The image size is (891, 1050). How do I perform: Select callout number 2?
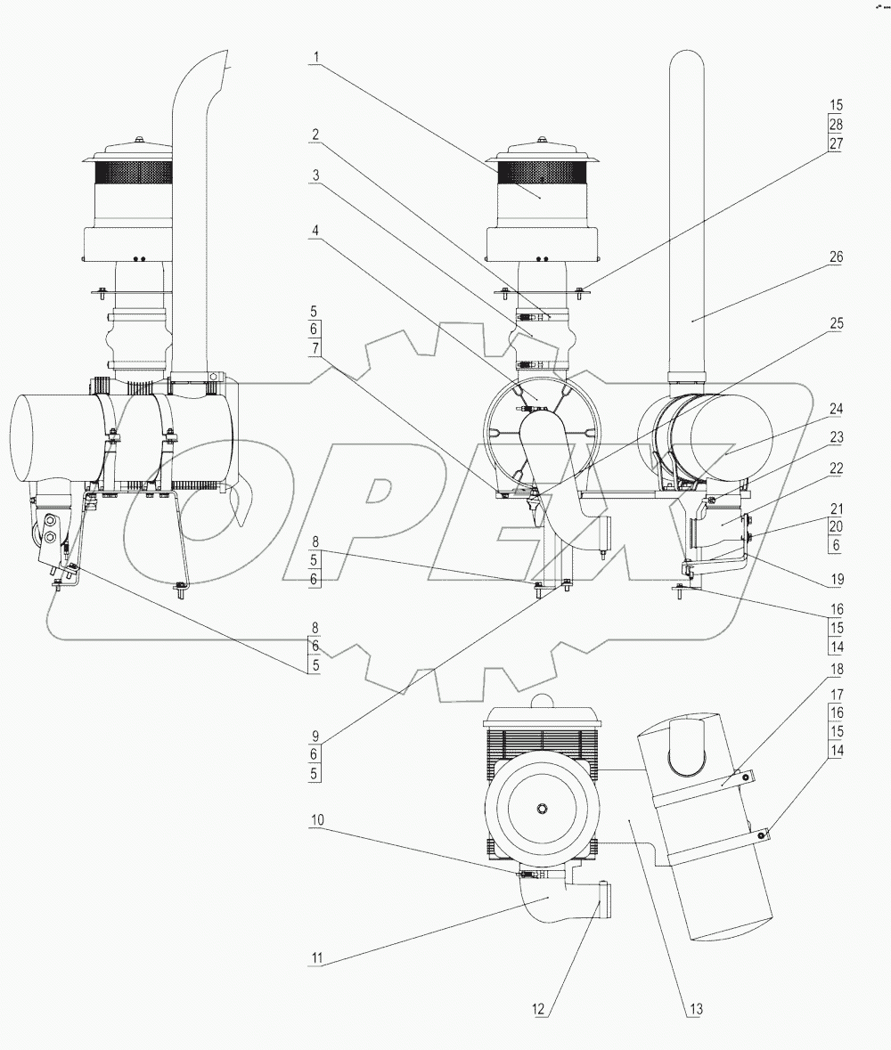(315, 135)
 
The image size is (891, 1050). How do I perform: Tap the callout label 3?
(315, 175)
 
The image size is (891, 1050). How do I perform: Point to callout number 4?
(315, 229)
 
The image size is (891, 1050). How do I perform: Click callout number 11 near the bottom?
(315, 960)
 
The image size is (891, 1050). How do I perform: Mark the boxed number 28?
(835, 124)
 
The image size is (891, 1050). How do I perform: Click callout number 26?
(835, 256)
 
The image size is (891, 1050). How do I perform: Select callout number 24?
(835, 409)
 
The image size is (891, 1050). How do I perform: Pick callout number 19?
(835, 578)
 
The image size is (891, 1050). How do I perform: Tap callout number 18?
(835, 668)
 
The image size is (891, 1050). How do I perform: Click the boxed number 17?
(835, 692)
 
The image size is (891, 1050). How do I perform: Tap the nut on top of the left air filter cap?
(140, 138)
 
